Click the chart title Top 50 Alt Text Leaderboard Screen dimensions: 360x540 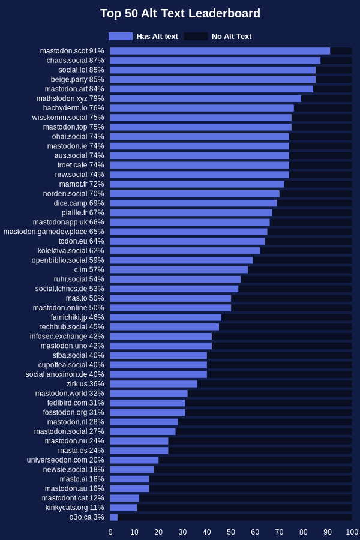pos(180,13)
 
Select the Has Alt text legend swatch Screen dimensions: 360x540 pos(121,36)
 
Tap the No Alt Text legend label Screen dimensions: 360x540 pos(232,36)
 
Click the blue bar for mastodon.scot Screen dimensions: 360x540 pos(220,51)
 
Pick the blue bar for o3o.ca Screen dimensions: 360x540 pos(113,517)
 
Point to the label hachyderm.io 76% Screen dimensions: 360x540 pos(73,108)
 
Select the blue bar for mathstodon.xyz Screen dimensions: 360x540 pos(206,98)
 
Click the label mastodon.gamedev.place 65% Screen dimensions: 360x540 pos(54,232)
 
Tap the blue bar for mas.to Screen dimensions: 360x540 pos(170,298)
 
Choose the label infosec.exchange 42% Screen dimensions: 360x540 pos(67,336)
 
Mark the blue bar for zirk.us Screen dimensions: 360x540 pos(154,383)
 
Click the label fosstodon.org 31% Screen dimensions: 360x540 pos(73,412)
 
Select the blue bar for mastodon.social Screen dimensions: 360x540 pos(143,431)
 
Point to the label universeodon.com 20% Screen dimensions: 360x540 pos(65,460)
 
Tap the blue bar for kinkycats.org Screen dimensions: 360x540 pos(124,507)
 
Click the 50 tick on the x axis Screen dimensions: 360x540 pos(231,532)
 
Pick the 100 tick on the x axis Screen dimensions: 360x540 pos(352,532)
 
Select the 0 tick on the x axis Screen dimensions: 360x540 pos(110,532)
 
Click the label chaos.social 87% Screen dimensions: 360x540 pos(75,60)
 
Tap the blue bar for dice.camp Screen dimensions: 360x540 pos(194,203)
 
